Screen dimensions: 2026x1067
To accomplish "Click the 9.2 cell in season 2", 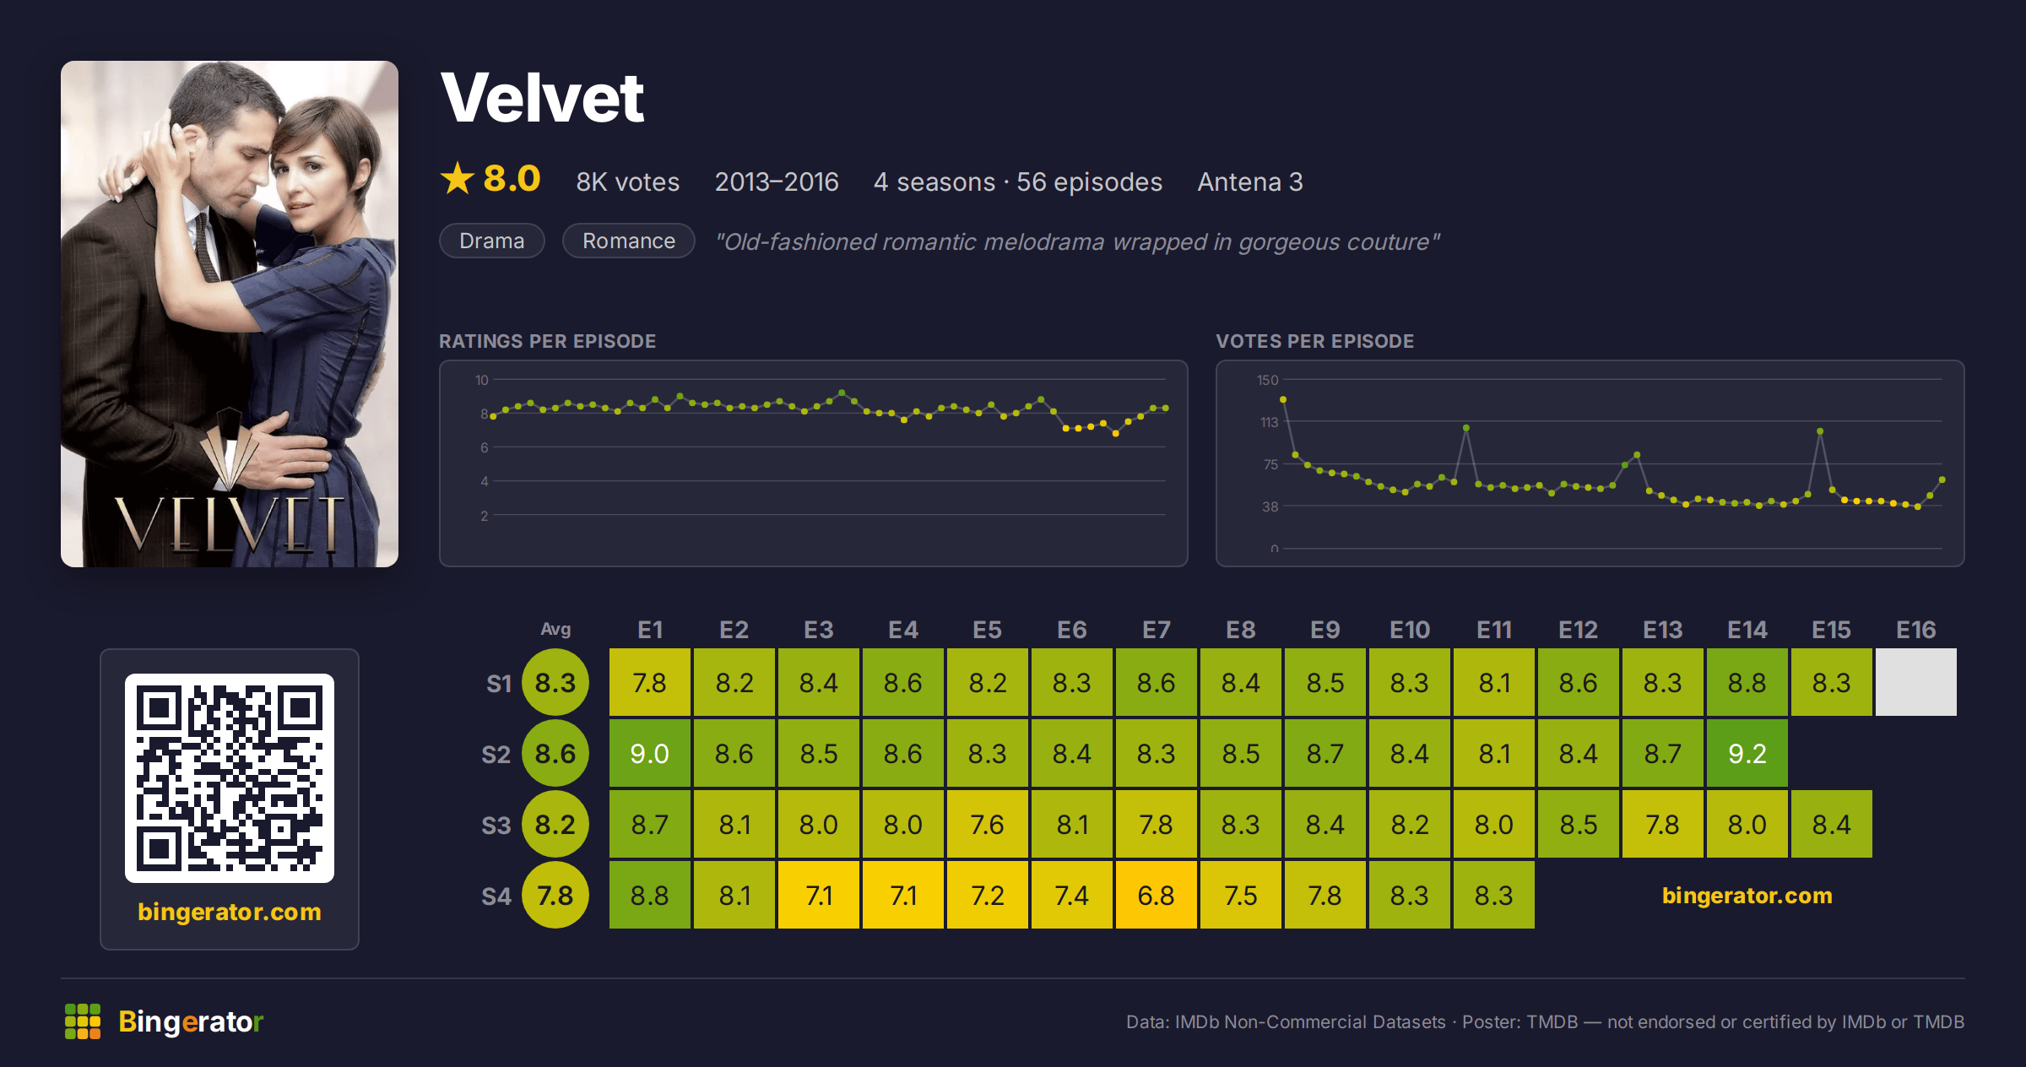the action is pyautogui.click(x=1747, y=753).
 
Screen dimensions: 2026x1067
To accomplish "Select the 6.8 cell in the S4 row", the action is pyautogui.click(x=1156, y=895).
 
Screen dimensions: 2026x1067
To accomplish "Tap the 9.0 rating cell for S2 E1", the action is pyautogui.click(x=649, y=753).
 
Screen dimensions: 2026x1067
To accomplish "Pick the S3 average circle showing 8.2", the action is pyautogui.click(x=555, y=824).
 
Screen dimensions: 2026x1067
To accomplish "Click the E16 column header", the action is pyautogui.click(x=1915, y=630).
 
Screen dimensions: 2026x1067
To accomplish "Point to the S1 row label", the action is pyautogui.click(x=499, y=683).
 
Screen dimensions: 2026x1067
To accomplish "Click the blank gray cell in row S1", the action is pyautogui.click(x=1915, y=682).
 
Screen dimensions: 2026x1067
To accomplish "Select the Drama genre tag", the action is pyautogui.click(x=492, y=241).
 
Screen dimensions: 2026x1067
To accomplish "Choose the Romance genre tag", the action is pyautogui.click(x=629, y=241).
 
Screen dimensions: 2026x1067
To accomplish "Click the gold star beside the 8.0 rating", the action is pyautogui.click(x=458, y=178).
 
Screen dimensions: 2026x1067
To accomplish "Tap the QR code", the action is pyautogui.click(x=230, y=777).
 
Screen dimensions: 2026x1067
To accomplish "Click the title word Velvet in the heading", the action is pyautogui.click(x=542, y=98).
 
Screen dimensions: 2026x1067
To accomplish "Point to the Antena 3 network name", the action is pyautogui.click(x=1250, y=181).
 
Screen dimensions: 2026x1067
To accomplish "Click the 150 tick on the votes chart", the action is pyautogui.click(x=1267, y=380).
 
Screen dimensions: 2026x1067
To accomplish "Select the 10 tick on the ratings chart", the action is pyautogui.click(x=481, y=380).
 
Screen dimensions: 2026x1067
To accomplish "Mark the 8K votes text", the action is pyautogui.click(x=627, y=181).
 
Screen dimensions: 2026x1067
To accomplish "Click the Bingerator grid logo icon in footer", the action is pyautogui.click(x=83, y=1021).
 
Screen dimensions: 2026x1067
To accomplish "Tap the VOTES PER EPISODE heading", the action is pyautogui.click(x=1314, y=341).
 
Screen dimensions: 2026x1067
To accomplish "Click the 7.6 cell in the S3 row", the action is pyautogui.click(x=987, y=824).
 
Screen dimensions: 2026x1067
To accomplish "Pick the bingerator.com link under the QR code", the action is pyautogui.click(x=230, y=912).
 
